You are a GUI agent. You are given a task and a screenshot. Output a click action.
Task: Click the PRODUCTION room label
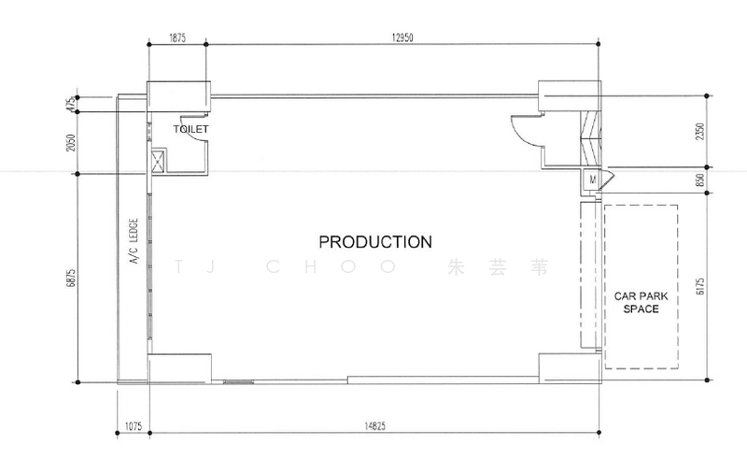(375, 242)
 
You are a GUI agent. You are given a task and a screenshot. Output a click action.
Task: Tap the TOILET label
(190, 129)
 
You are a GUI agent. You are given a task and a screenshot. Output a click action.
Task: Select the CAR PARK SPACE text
(641, 303)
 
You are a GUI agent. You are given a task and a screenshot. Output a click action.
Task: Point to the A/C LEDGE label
(134, 241)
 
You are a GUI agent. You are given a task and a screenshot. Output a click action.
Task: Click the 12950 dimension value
(402, 37)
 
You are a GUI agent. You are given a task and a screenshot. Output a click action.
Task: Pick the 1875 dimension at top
(177, 37)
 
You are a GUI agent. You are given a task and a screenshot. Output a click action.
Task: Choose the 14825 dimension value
(374, 426)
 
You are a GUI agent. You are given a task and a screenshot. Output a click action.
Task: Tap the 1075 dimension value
(134, 426)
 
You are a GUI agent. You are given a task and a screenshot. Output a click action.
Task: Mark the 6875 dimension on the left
(71, 279)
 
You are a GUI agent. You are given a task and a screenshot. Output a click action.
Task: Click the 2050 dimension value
(71, 143)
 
